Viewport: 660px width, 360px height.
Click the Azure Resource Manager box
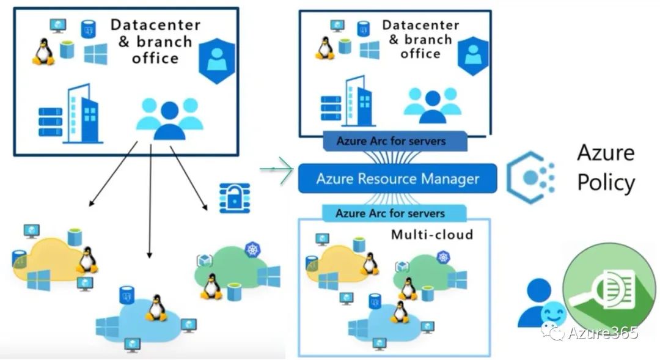397,178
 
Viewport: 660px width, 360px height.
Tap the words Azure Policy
606,167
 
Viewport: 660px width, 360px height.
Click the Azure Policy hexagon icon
529,177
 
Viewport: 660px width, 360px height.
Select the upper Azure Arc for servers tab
391,141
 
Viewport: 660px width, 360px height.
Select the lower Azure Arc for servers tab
390,214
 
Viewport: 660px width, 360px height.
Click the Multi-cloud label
431,235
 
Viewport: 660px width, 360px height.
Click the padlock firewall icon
234,196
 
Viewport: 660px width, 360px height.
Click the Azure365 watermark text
602,332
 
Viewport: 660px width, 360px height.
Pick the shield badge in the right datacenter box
472,55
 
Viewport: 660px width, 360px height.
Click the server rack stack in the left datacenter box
50,122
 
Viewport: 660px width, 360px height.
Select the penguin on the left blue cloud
156,307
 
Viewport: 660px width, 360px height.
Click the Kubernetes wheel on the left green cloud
252,249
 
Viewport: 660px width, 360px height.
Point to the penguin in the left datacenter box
43,52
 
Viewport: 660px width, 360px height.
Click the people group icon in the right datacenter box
433,105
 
